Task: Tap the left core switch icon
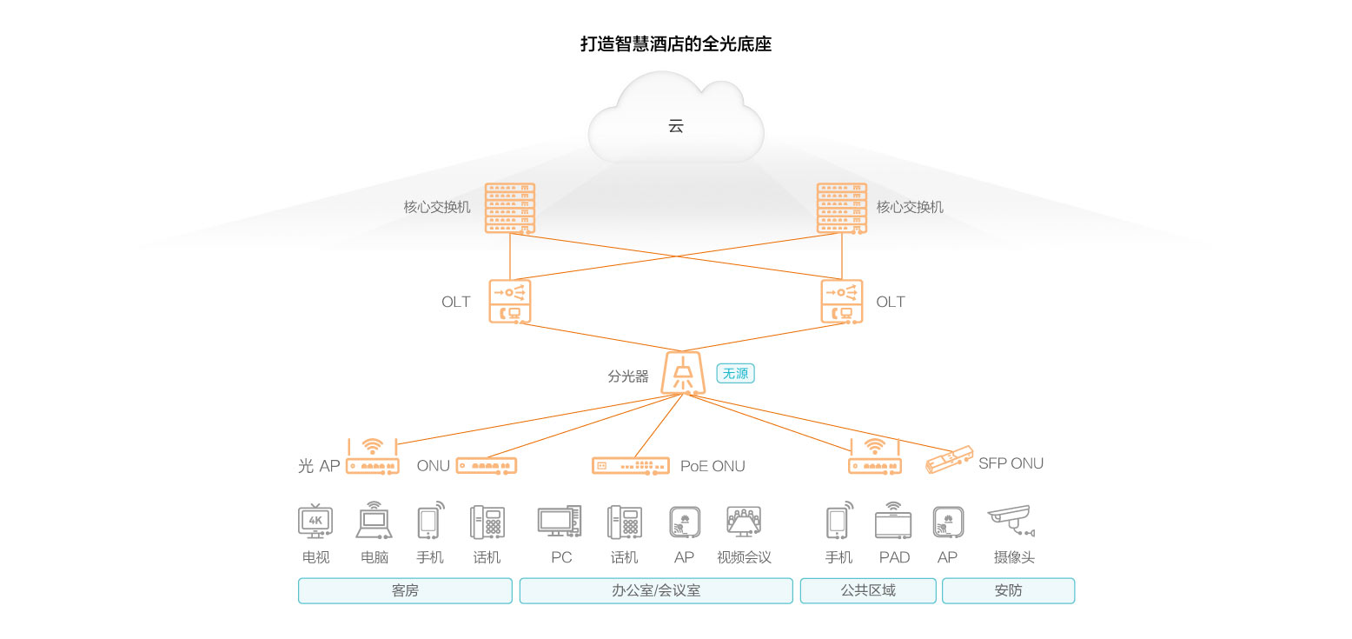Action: tap(510, 208)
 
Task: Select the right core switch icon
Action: tap(842, 208)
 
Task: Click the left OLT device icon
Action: tap(510, 301)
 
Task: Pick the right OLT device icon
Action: tap(842, 301)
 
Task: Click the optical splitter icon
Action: tap(683, 373)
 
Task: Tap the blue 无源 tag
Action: tap(735, 374)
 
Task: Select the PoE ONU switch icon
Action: tap(631, 466)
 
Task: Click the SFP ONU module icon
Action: tap(949, 459)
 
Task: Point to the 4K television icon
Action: tap(315, 522)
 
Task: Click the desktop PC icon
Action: tap(559, 522)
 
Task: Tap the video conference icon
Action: tap(744, 522)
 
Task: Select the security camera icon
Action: tap(1011, 520)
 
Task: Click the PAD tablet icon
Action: tap(893, 522)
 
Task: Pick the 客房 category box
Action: tap(405, 591)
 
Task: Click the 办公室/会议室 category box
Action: tap(656, 591)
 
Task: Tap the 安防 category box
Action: tap(1008, 591)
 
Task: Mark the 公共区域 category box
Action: tap(868, 591)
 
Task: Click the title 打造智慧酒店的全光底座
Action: tap(676, 44)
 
